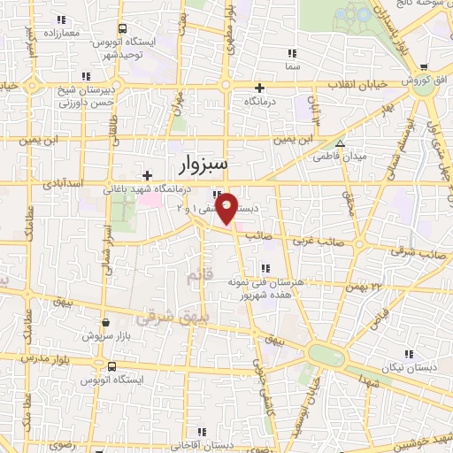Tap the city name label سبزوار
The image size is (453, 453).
pos(203,164)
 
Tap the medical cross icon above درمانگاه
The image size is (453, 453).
pos(259,88)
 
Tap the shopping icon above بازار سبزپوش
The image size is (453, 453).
pos(105,322)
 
